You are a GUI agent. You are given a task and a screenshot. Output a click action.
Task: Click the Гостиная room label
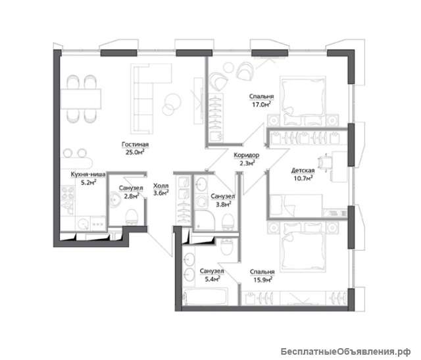pyautogui.click(x=135, y=145)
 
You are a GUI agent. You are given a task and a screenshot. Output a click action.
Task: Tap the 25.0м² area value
pyautogui.click(x=135, y=152)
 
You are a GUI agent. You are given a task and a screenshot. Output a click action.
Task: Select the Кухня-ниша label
pyautogui.click(x=88, y=174)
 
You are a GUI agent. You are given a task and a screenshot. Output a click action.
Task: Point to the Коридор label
pyautogui.click(x=247, y=155)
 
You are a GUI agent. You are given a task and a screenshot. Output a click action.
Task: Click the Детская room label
pyautogui.click(x=303, y=170)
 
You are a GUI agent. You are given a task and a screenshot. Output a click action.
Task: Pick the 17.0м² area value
pyautogui.click(x=261, y=104)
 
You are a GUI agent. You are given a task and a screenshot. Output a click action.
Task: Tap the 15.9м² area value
pyautogui.click(x=263, y=280)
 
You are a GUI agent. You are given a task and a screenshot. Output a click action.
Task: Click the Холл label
pyautogui.click(x=161, y=186)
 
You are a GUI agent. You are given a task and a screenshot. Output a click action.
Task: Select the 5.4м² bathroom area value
pyautogui.click(x=212, y=279)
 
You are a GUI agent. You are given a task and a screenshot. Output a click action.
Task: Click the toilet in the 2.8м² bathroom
pyautogui.click(x=132, y=217)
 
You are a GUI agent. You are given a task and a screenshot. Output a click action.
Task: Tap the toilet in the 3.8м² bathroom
pyautogui.click(x=228, y=222)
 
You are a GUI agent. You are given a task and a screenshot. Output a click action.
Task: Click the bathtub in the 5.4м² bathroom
pyautogui.click(x=206, y=297)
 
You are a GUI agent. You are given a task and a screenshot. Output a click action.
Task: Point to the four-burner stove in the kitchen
pyautogui.click(x=68, y=193)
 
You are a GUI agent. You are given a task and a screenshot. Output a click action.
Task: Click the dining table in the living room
pyautogui.click(x=81, y=99)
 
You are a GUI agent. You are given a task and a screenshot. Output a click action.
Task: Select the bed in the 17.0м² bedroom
pyautogui.click(x=303, y=101)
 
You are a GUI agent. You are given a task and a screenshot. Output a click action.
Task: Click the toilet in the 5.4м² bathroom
pyautogui.click(x=227, y=247)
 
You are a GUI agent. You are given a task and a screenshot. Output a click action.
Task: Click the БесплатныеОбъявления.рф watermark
pyautogui.click(x=345, y=351)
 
